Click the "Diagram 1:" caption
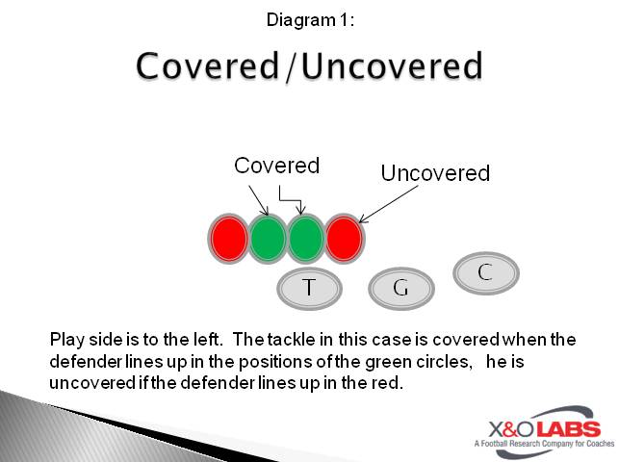tap(308, 18)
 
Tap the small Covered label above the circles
tap(276, 166)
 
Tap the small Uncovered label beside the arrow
tap(435, 173)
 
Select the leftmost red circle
tap(229, 238)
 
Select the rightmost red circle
tap(344, 238)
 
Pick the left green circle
tap(268, 238)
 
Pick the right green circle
tap(305, 238)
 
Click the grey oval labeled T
tap(309, 287)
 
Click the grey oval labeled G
tap(401, 288)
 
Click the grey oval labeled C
tap(485, 272)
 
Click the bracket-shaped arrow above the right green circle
tap(291, 195)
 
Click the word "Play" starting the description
tap(66, 340)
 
